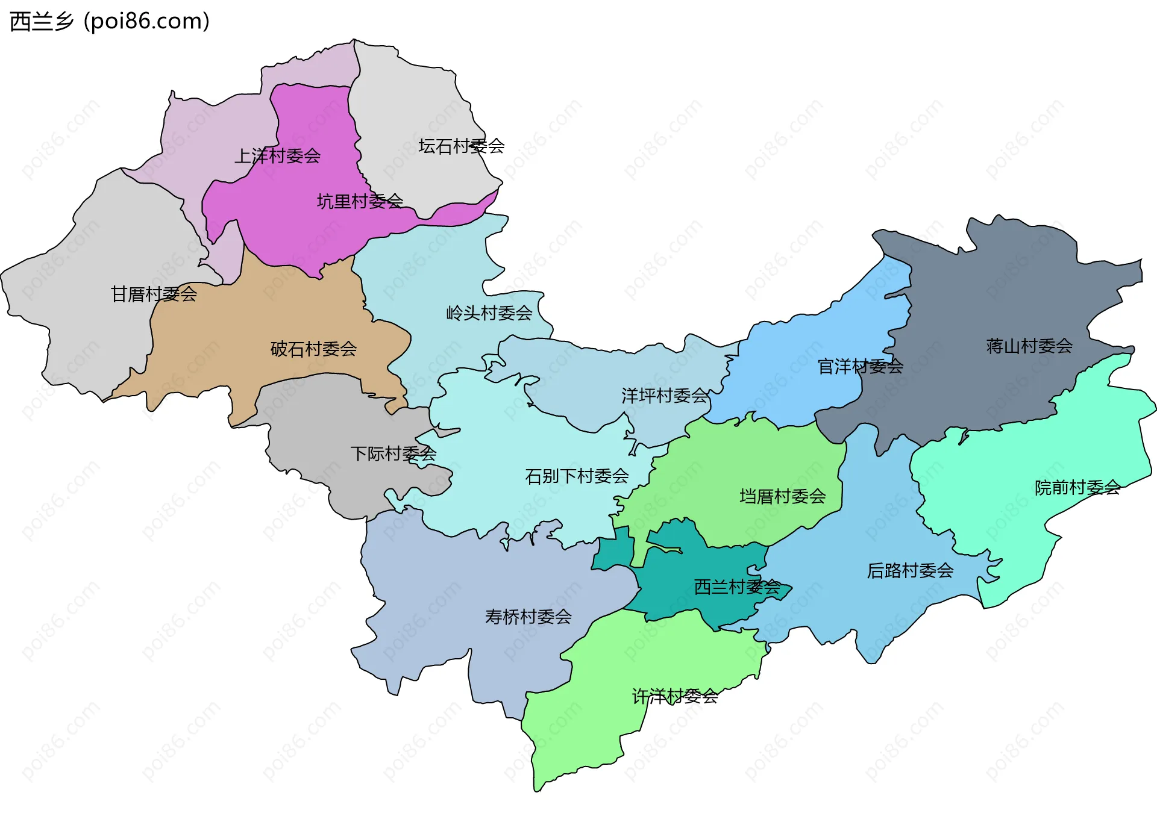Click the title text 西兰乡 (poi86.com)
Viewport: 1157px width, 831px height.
coord(110,21)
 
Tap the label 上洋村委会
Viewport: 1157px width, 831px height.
coord(277,156)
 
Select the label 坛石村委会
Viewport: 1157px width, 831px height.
coord(461,146)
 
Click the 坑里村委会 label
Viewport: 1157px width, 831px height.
coord(360,201)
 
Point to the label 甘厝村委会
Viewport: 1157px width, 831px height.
coord(154,294)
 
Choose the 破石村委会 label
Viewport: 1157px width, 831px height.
coord(313,349)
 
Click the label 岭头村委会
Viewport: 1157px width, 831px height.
coord(489,313)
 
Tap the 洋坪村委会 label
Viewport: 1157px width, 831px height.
coord(664,396)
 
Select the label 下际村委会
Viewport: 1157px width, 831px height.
coord(393,453)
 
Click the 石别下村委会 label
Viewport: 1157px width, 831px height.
coord(577,476)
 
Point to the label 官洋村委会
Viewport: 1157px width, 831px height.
coord(860,366)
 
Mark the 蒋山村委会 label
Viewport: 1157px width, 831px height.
coord(1029,346)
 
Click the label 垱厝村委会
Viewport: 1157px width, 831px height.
coord(782,496)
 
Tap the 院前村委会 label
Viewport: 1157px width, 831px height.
coord(1077,487)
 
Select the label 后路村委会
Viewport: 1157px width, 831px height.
coord(910,570)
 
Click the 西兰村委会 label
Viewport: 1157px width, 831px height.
coord(737,587)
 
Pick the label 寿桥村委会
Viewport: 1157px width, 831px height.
coord(528,617)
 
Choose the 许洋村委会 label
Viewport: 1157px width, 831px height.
coord(674,696)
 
